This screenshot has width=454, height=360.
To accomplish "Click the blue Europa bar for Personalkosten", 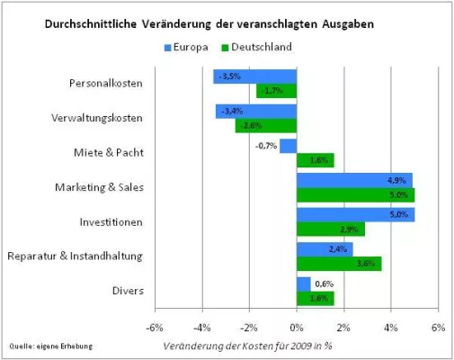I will coord(255,76).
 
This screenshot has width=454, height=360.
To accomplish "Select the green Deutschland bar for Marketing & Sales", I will coord(355,195).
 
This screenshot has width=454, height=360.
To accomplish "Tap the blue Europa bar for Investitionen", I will coord(355,214).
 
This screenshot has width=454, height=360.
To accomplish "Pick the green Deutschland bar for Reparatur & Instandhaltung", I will coord(339,264).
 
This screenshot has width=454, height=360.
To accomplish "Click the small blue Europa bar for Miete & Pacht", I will coord(288,146).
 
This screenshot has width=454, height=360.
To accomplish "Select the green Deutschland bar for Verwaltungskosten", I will coord(266,125).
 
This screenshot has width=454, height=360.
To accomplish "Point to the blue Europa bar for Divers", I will coord(304,283).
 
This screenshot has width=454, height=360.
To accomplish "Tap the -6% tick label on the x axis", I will coord(156,327).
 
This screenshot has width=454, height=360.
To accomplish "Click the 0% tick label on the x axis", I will coord(297,327).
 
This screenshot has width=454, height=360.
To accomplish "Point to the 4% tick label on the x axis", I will coord(391,327).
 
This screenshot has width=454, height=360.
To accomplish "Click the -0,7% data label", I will coord(265,146).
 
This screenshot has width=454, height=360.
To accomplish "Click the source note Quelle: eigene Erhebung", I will coord(51,346).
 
